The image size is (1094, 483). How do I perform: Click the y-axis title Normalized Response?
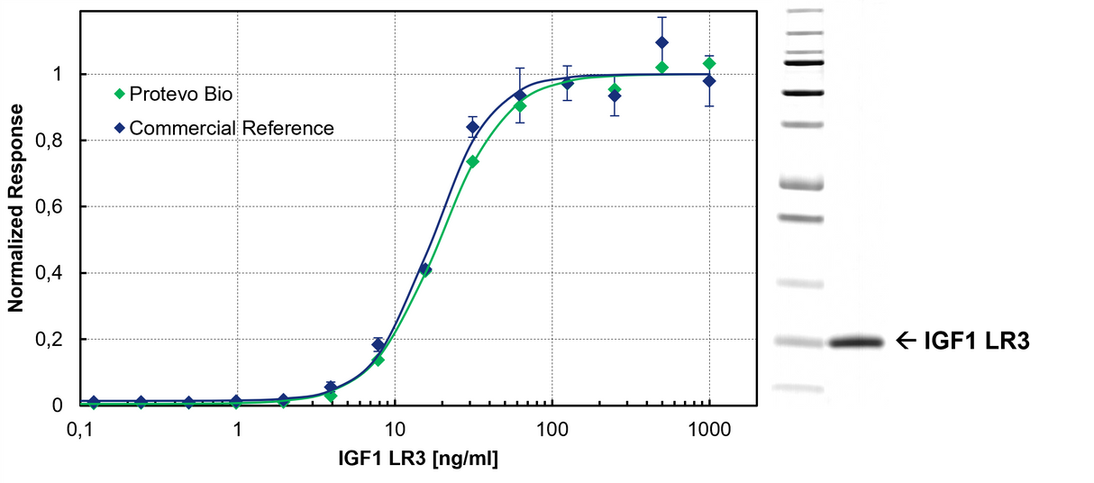pyautogui.click(x=15, y=208)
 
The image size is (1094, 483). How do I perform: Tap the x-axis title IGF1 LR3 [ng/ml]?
pyautogui.click(x=417, y=460)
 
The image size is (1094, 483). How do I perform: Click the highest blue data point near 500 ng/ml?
pyautogui.click(x=662, y=42)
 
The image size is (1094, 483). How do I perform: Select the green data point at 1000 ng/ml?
pyautogui.click(x=709, y=63)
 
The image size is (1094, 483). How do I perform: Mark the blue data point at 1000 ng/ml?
pyautogui.click(x=709, y=81)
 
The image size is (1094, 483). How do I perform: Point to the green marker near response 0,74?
pyautogui.click(x=472, y=161)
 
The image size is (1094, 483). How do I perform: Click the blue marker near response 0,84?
pyautogui.click(x=472, y=127)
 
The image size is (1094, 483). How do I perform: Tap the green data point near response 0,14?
pyautogui.click(x=378, y=360)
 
